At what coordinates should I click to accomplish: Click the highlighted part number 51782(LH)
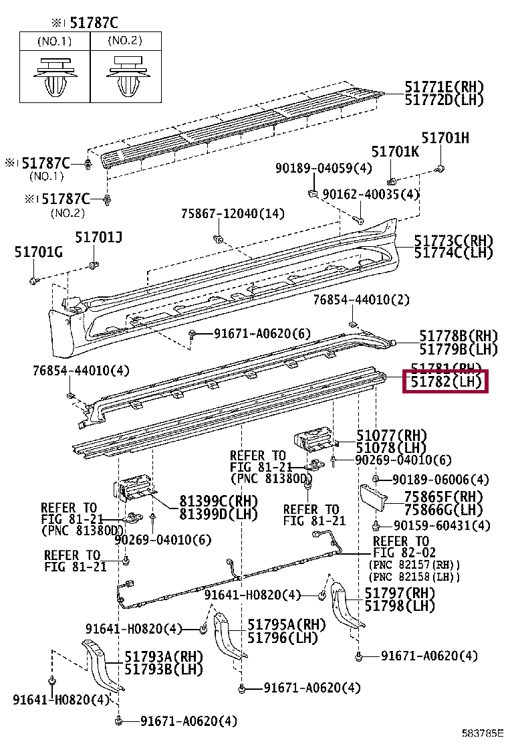pos(445,383)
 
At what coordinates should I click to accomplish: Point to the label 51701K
pos(395,152)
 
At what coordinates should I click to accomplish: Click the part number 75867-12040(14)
pos(233,214)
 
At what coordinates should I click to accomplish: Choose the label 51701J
pos(98,237)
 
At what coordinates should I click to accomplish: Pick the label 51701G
pos(38,252)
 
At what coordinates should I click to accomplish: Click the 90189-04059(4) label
pos(324,169)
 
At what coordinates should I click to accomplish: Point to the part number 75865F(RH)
pos(442,496)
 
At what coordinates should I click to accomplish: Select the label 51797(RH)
pos(399,593)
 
